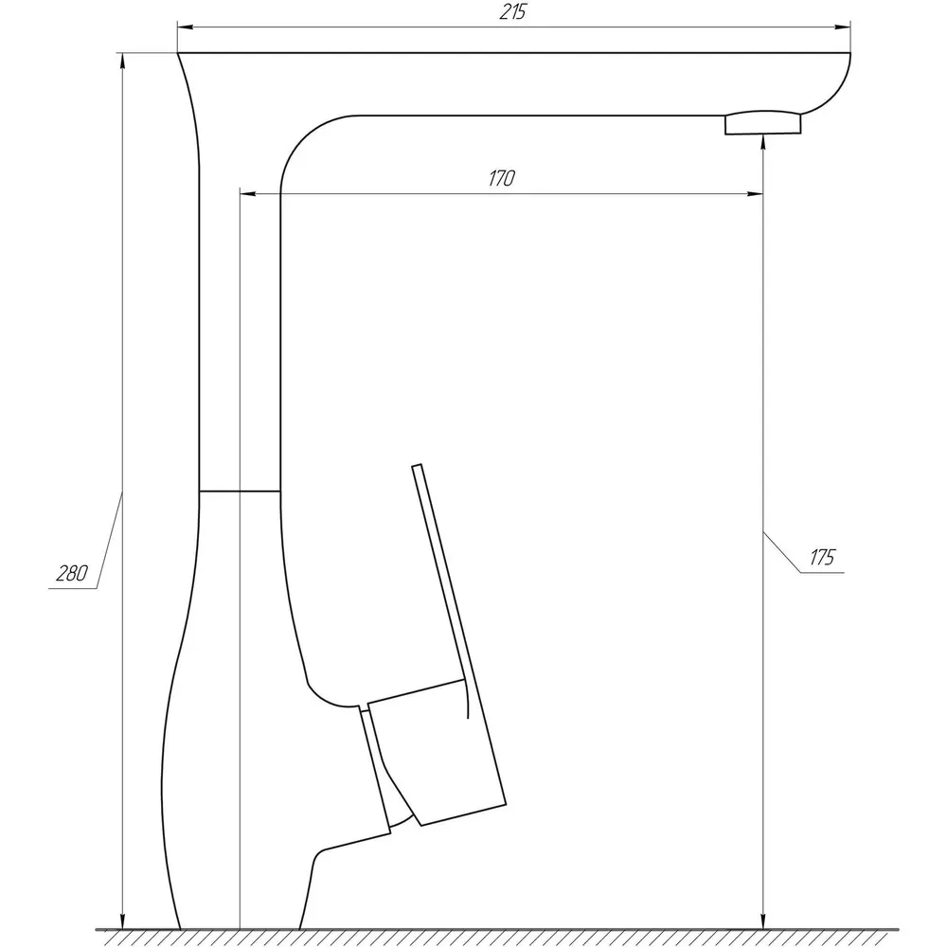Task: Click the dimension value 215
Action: pyautogui.click(x=512, y=12)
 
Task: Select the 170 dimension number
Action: pyautogui.click(x=501, y=178)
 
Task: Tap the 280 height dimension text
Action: pyautogui.click(x=72, y=573)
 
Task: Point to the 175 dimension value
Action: pyautogui.click(x=822, y=557)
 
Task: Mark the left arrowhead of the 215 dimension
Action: pyautogui.click(x=185, y=27)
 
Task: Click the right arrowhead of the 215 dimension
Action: pyautogui.click(x=843, y=27)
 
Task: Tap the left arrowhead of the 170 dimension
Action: pyautogui.click(x=247, y=194)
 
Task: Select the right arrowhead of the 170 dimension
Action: pyautogui.click(x=756, y=194)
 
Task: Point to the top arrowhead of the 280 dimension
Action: pyautogui.click(x=122, y=61)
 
